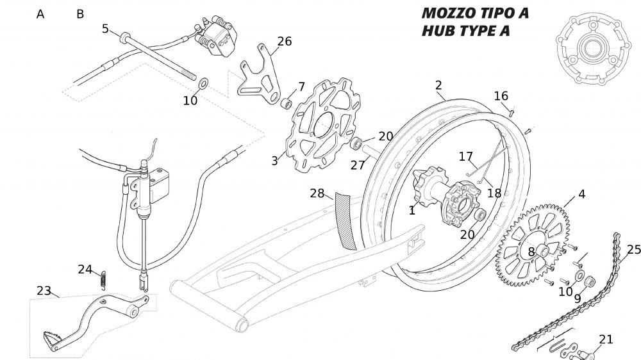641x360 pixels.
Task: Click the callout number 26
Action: tap(284, 42)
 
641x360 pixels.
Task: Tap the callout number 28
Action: tap(317, 193)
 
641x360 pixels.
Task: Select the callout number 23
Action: tap(44, 290)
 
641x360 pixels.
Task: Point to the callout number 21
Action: tap(606, 340)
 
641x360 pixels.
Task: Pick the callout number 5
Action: tap(106, 28)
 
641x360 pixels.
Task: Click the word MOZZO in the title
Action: tap(449, 13)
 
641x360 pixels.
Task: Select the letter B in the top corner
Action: tap(80, 14)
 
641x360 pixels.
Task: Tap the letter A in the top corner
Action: tap(40, 14)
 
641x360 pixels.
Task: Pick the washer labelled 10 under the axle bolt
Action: tap(204, 83)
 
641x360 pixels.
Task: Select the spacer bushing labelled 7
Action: tap(288, 103)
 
